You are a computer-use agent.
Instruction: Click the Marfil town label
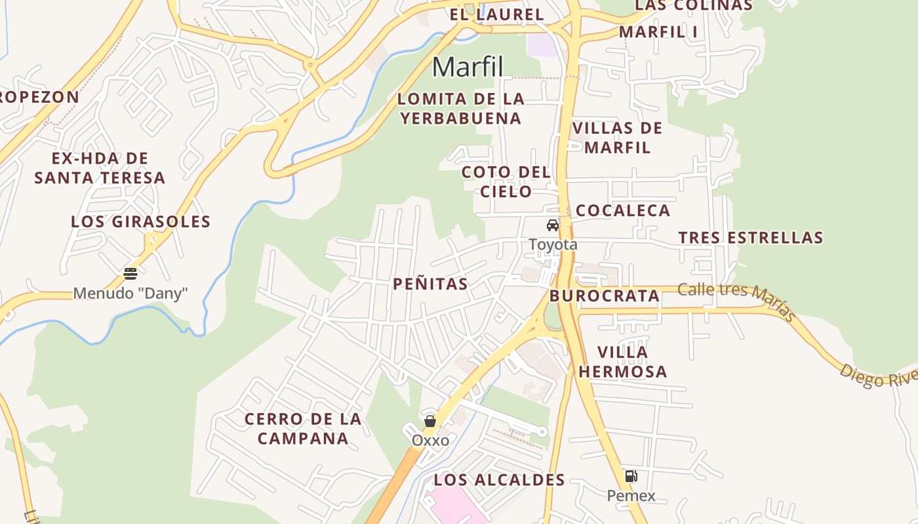pos(468,67)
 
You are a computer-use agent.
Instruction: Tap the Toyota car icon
pos(553,226)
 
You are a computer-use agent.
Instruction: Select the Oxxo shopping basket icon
pos(430,421)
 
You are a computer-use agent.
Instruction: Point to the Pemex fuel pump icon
pos(631,476)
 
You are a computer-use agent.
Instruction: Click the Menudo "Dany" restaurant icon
pos(130,273)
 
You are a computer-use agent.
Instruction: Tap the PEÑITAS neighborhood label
pos(430,284)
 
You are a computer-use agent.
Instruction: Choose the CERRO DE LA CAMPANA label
pos(303,429)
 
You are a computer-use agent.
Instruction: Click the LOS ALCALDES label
pos(499,480)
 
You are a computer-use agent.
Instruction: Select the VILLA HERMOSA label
pos(622,362)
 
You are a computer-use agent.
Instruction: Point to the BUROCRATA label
pos(605,295)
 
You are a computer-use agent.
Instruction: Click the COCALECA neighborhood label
pos(622,210)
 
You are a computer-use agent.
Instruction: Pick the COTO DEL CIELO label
pos(506,182)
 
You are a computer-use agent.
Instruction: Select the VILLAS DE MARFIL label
pos(617,138)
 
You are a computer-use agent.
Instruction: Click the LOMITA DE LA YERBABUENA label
pos(461,109)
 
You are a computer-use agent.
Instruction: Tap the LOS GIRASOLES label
pos(140,221)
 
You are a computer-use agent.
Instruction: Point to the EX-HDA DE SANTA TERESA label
pos(100,168)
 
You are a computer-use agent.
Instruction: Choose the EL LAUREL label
pos(496,14)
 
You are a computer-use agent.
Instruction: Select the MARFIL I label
pos(658,31)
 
